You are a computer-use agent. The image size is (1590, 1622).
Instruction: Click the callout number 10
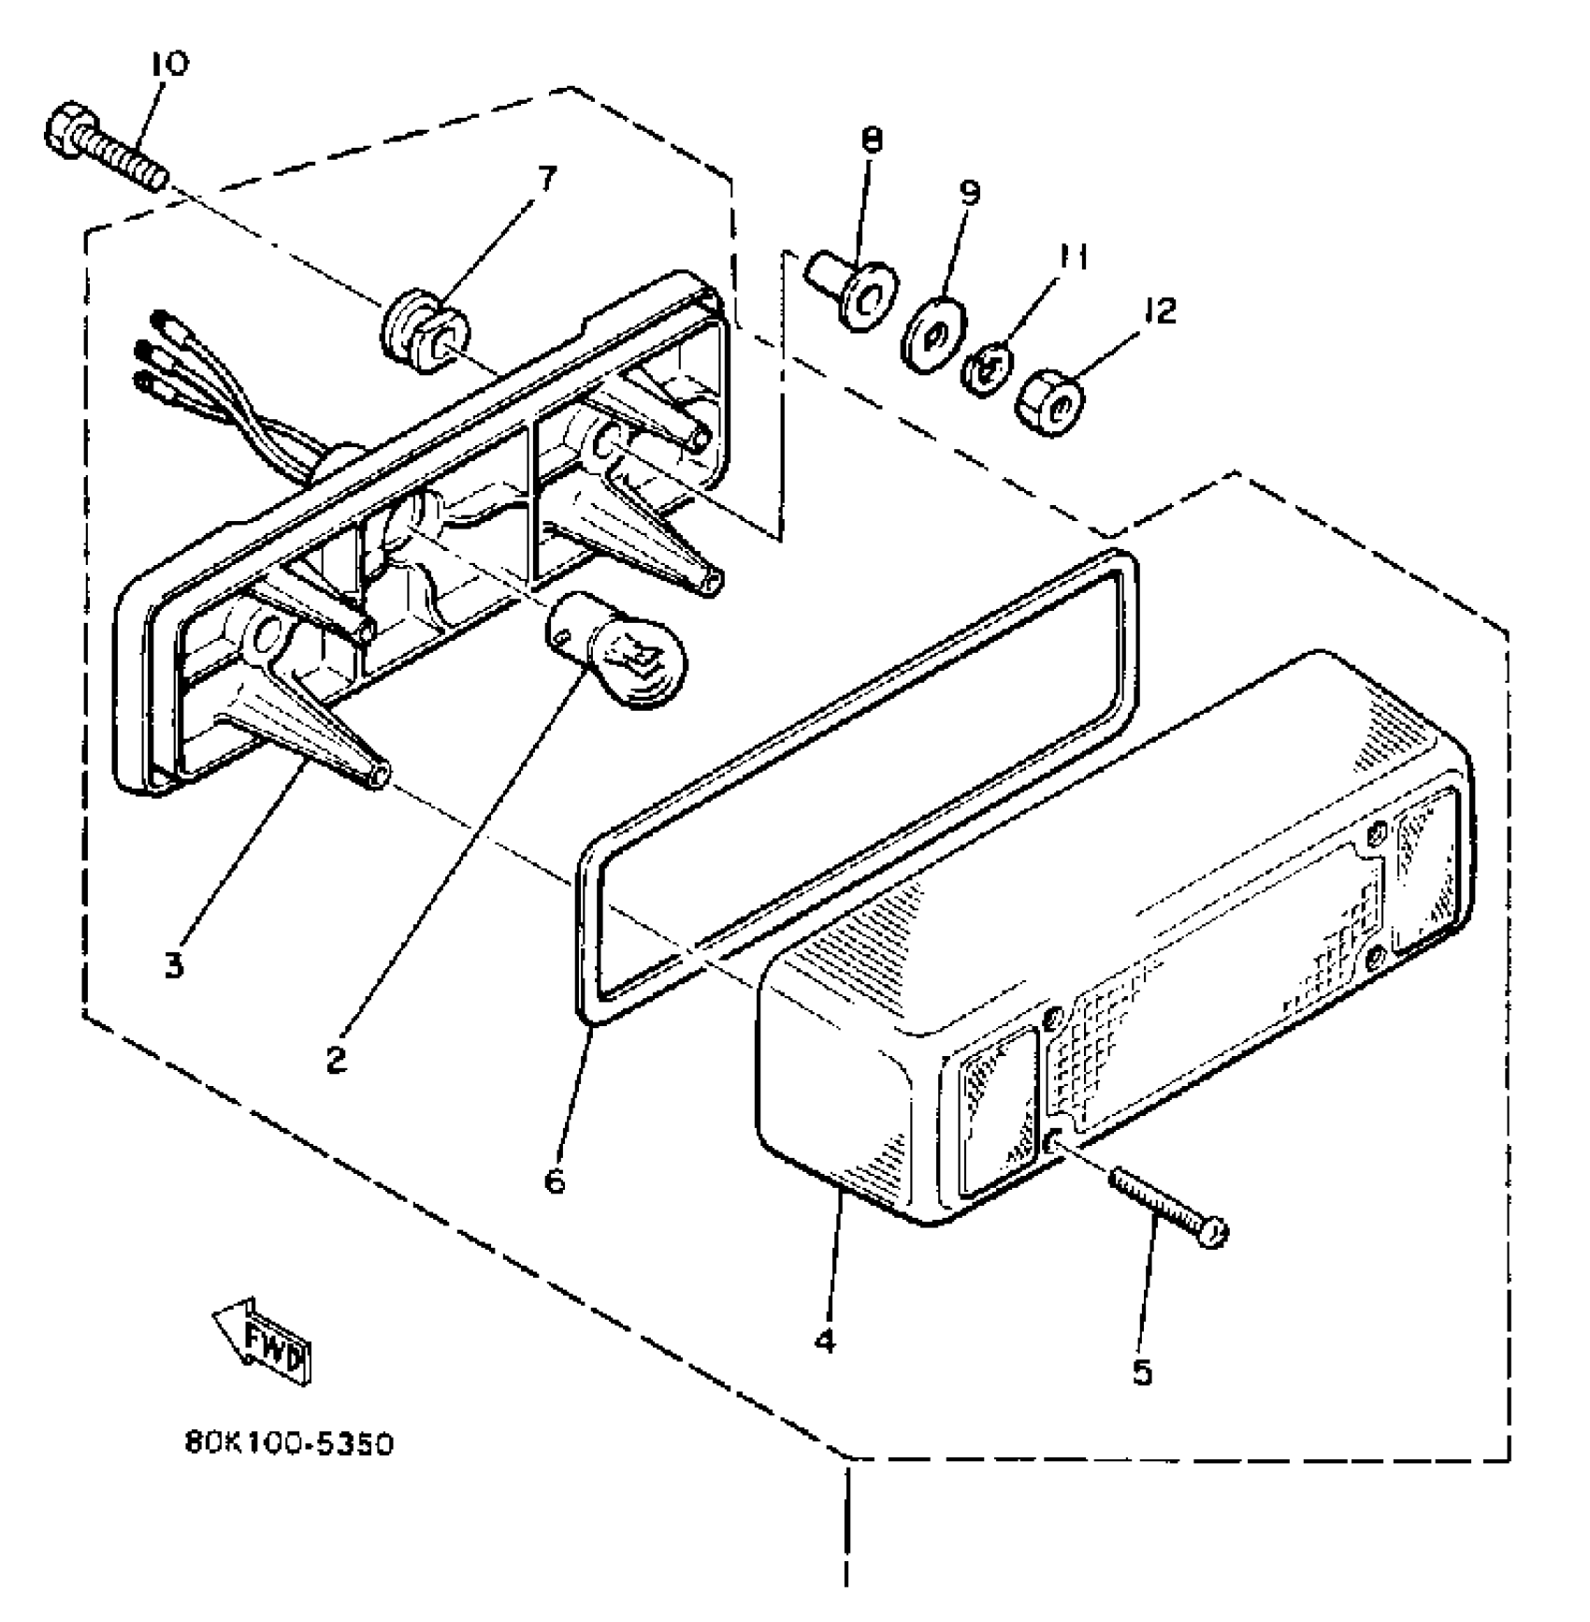pyautogui.click(x=168, y=64)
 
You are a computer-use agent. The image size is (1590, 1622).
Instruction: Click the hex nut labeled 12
pyautogui.click(x=1050, y=402)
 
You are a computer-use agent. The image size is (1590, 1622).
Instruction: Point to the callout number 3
pyautogui.click(x=175, y=965)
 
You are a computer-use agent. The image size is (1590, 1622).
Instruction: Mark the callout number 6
pyautogui.click(x=555, y=1181)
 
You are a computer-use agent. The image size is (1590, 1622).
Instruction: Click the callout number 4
pyautogui.click(x=824, y=1340)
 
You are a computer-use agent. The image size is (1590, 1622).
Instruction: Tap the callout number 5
pyautogui.click(x=1142, y=1372)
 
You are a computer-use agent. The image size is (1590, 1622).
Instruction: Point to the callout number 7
pyautogui.click(x=546, y=177)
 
